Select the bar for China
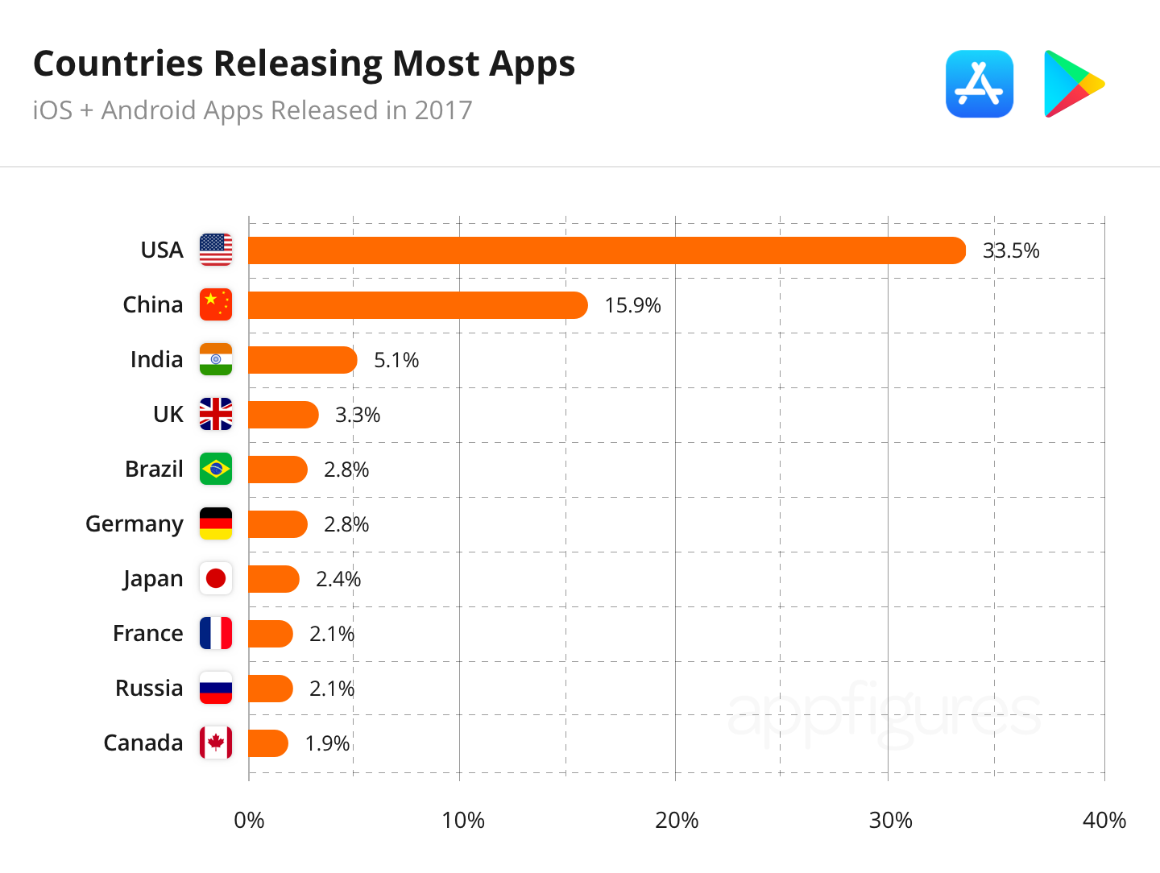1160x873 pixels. pos(417,305)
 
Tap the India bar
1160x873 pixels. pos(302,360)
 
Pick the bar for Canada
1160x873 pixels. pos(267,743)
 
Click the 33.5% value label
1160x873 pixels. pos(1011,251)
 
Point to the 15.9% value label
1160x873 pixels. pos(632,306)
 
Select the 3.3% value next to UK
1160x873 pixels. pos(358,416)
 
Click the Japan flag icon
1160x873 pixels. pos(216,578)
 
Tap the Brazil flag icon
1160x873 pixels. pos(216,469)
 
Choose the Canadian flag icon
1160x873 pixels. pos(216,743)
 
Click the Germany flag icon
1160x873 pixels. pos(216,523)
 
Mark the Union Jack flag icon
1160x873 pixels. pos(216,414)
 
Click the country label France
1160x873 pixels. pos(148,634)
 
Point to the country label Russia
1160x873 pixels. pos(149,689)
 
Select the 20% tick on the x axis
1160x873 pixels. pos(677,821)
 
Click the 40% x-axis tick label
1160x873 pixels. pos(1104,821)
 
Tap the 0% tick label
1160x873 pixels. pos(249,821)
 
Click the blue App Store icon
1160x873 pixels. pos(980,84)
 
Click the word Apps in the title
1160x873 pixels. pos(532,64)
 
